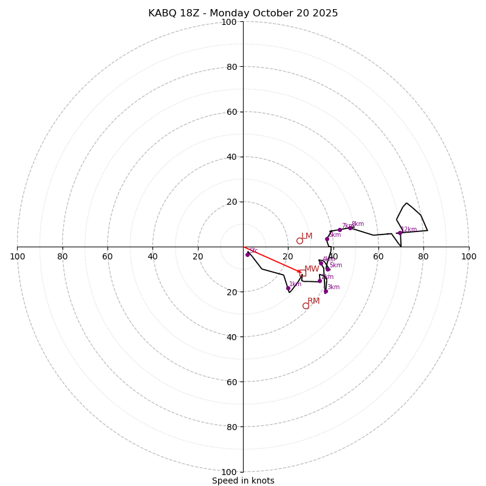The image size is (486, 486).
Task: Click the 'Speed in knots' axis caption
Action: pyautogui.click(x=243, y=481)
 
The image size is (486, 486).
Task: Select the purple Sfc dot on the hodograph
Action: pyautogui.click(x=247, y=255)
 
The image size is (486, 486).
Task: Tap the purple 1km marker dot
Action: pyautogui.click(x=288, y=288)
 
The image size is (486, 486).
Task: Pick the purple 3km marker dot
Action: pyautogui.click(x=326, y=291)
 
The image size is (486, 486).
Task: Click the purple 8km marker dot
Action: pyautogui.click(x=350, y=228)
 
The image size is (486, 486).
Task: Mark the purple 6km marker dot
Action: pyautogui.click(x=327, y=239)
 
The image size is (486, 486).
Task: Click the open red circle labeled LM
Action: pyautogui.click(x=299, y=241)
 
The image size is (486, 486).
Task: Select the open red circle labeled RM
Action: pyautogui.click(x=306, y=306)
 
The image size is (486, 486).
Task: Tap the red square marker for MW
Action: pyautogui.click(x=303, y=273)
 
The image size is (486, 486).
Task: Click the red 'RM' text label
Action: pyautogui.click(x=313, y=301)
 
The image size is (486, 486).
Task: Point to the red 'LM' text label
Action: pyautogui.click(x=307, y=236)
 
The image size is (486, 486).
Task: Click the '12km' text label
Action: pyautogui.click(x=409, y=230)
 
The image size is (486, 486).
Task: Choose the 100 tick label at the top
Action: pyautogui.click(x=229, y=22)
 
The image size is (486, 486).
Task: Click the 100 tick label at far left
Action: pyautogui.click(x=17, y=256)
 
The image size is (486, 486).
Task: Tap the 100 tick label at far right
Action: pyautogui.click(x=468, y=256)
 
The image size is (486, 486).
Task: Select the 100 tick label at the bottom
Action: pyautogui.click(x=229, y=472)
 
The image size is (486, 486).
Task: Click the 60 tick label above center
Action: pyautogui.click(x=231, y=112)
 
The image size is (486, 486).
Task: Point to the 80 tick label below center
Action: pyautogui.click(x=231, y=427)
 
